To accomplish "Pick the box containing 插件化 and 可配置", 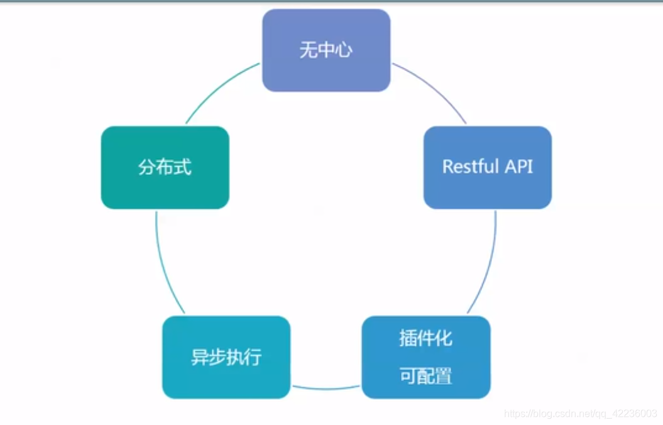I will pos(426,357).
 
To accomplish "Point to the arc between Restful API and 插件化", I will pos(489,264).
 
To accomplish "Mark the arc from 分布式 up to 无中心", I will pos(217,88).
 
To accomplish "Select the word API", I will pos(518,167).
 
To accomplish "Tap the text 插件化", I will pos(425,338).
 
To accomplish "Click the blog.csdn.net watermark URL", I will pos(581,414).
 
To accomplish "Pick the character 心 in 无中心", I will pos(343,50).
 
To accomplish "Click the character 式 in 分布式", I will pos(182,167).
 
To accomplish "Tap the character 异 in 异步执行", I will pos(199,357).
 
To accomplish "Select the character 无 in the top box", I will pos(308,50).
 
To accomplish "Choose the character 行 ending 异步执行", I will pos(253,357).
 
